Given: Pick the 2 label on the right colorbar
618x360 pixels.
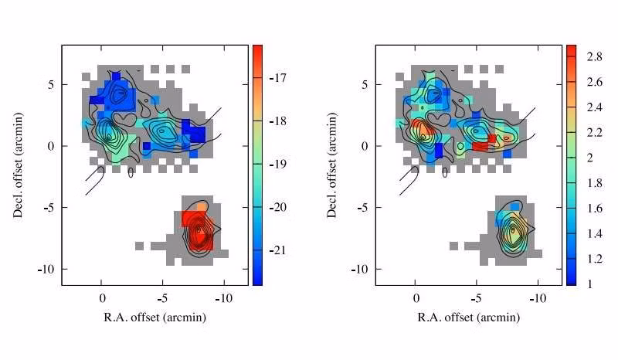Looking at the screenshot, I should [588, 158].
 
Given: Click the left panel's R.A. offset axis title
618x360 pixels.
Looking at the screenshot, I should [154, 318].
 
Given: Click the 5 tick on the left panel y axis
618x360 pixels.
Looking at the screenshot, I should [53, 84].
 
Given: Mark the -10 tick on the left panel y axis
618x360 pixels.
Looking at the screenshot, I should [48, 269].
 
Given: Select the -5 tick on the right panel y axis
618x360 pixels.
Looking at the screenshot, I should [364, 207].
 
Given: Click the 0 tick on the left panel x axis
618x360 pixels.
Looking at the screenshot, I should [102, 297].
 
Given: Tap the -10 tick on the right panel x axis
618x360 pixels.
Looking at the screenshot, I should [537, 297].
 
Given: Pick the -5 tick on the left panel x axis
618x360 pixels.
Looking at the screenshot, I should [161, 297].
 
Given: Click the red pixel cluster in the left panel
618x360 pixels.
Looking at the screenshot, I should [196, 229].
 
